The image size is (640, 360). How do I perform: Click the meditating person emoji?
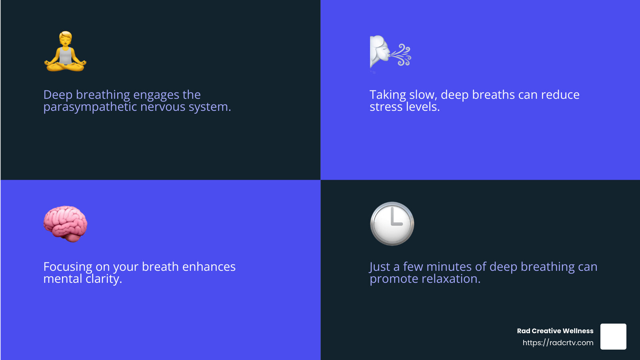(x=65, y=52)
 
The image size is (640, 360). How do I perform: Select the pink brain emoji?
(x=65, y=224)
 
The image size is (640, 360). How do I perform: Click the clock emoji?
(x=392, y=224)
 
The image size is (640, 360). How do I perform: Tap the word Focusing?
(x=68, y=267)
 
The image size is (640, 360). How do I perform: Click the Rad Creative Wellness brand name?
(x=555, y=331)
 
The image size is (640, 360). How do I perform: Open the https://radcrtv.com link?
(x=558, y=342)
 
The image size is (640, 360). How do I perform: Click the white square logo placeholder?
(x=613, y=336)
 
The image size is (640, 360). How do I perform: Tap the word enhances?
(x=209, y=267)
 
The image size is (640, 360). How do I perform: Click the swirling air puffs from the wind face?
(x=401, y=54)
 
